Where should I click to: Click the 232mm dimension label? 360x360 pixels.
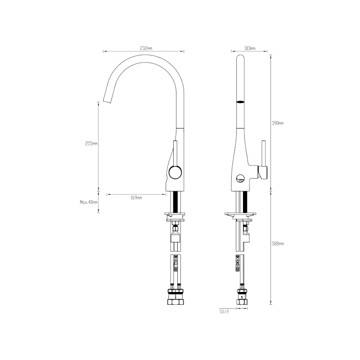click(145, 48)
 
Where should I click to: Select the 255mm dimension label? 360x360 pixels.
click(91, 144)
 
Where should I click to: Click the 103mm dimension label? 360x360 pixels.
click(249, 48)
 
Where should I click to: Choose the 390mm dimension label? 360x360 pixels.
click(278, 123)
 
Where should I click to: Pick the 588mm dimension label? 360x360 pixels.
click(278, 243)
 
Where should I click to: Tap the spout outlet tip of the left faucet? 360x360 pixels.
click(107, 100)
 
